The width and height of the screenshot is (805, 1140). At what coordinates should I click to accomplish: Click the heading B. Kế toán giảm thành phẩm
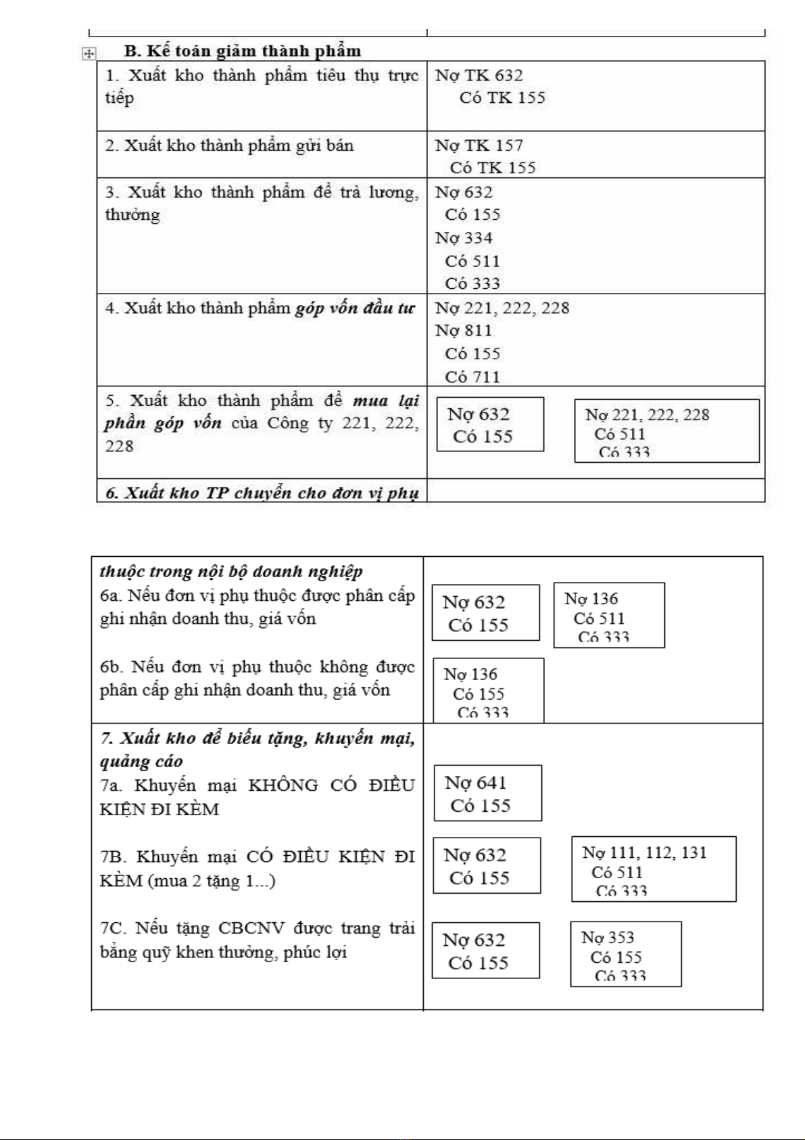(242, 51)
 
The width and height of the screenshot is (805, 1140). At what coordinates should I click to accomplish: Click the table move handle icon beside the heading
(89, 53)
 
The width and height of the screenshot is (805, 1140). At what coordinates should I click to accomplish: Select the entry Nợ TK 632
(479, 75)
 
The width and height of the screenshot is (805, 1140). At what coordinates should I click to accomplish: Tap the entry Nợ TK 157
(479, 145)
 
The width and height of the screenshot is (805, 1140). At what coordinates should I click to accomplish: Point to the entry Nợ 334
(464, 238)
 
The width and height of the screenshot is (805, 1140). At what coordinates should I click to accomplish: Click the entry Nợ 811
(464, 331)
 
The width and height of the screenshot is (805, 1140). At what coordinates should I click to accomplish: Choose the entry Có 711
(472, 377)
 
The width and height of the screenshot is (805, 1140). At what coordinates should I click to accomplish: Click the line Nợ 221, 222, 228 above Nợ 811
(502, 309)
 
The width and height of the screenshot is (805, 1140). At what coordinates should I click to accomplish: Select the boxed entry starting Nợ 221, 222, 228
(666, 430)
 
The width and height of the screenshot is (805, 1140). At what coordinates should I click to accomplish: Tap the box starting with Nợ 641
(487, 793)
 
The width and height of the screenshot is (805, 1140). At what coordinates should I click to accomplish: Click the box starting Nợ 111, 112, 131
(654, 869)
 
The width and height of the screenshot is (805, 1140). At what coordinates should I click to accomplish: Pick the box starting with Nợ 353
(625, 954)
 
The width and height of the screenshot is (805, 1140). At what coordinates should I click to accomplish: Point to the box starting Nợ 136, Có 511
(608, 615)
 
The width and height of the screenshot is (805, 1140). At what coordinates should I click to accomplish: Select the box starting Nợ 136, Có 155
(488, 690)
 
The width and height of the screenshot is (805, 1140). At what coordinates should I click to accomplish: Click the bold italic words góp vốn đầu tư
(355, 309)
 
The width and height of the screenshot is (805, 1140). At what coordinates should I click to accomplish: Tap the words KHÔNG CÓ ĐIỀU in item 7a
(331, 785)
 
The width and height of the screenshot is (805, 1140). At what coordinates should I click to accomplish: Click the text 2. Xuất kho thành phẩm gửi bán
(229, 145)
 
